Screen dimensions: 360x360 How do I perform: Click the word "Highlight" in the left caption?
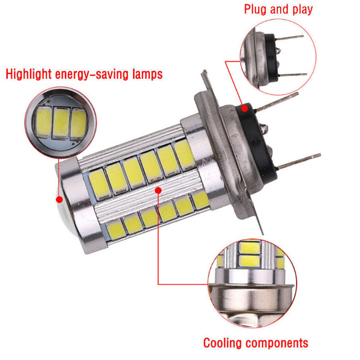[x=29, y=74]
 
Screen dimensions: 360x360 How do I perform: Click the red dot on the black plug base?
[x=245, y=108]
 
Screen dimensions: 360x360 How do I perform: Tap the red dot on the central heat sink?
[x=158, y=190]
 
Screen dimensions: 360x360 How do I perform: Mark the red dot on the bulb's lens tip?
[x=60, y=199]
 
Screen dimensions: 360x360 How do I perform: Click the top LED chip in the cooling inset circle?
[x=250, y=248]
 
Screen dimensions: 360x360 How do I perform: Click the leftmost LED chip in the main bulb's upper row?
[x=100, y=184]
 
